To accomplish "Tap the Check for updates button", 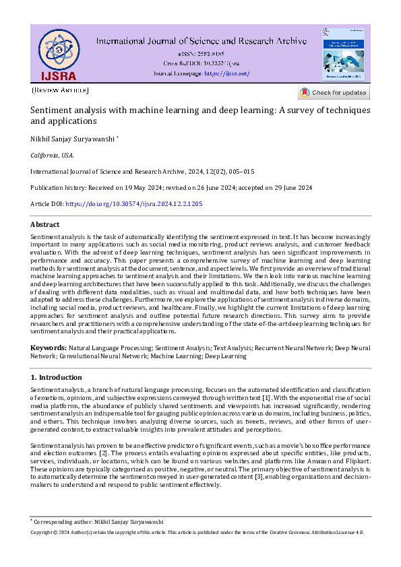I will pos(334,93).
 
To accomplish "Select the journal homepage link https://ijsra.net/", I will pos(226,73).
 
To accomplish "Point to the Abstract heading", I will pos(45,225).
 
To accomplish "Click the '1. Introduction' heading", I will pos(57,377).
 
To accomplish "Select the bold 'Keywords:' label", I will pos(48,347).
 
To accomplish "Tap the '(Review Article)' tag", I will pos(60,90).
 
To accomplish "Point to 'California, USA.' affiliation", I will pos(52,155).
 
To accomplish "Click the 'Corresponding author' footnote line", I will pos(98,522).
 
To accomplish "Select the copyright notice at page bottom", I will pos(197,532).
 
